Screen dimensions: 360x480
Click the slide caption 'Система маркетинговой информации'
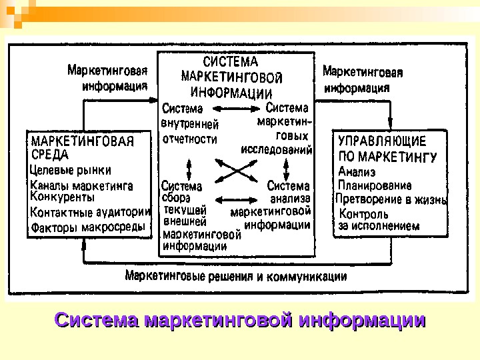240,321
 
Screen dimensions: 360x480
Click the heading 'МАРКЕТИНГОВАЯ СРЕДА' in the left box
83,147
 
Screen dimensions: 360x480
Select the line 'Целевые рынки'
71,170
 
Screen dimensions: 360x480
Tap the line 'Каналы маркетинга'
82,185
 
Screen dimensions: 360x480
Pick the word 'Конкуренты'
63,197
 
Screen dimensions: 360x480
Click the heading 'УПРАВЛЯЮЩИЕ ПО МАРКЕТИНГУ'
387,149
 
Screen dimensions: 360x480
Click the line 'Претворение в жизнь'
391,199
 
